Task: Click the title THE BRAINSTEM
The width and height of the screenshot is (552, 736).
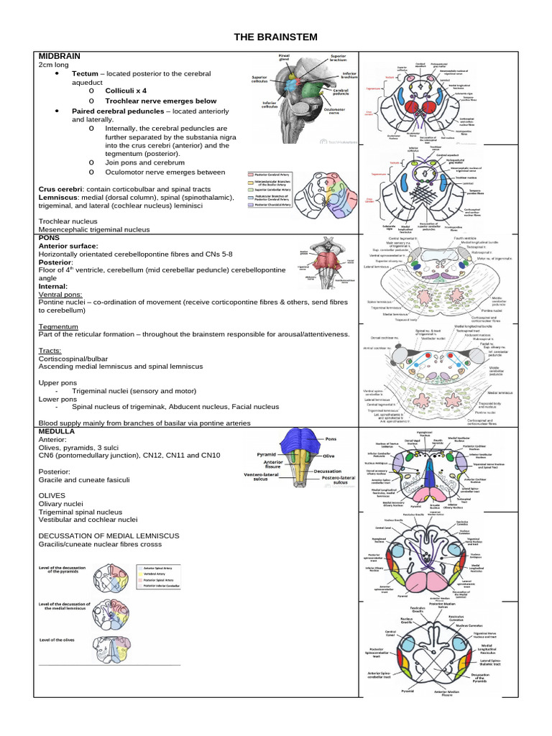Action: (276, 37)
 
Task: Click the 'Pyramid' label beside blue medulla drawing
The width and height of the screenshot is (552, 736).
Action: (266, 455)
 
